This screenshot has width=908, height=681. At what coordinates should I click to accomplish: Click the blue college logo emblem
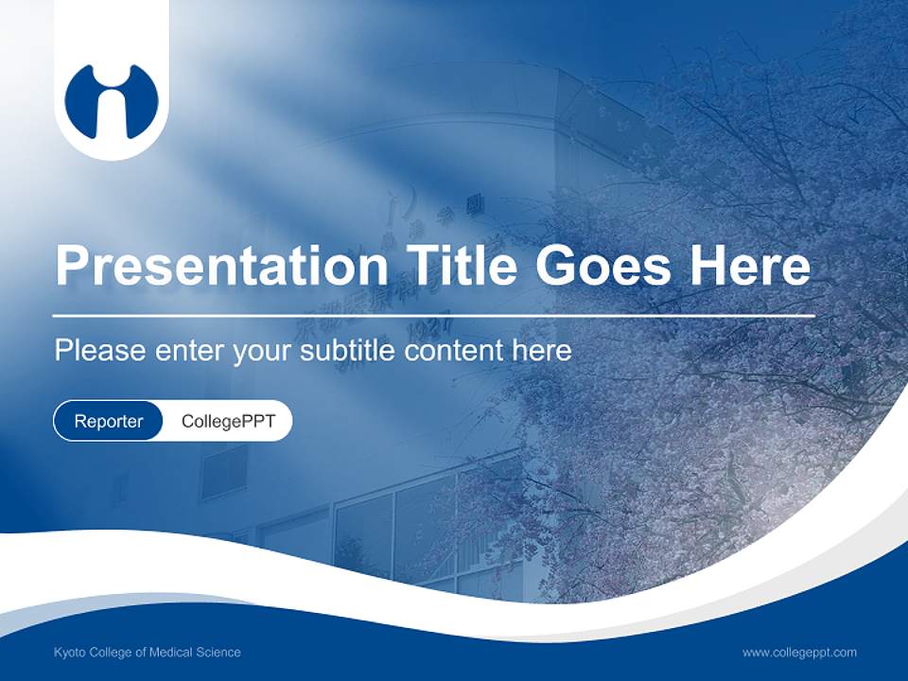pyautogui.click(x=112, y=101)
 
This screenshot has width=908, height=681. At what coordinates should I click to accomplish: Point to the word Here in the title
pyautogui.click(x=749, y=265)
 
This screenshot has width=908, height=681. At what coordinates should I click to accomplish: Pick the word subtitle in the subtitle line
pyautogui.click(x=349, y=351)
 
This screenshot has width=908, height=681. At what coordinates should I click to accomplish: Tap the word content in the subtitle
pyautogui.click(x=454, y=351)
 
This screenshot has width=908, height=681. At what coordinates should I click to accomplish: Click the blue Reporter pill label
pyautogui.click(x=108, y=421)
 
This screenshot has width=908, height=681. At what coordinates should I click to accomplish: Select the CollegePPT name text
pyautogui.click(x=228, y=421)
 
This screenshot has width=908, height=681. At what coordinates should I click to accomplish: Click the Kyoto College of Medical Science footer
pyautogui.click(x=148, y=653)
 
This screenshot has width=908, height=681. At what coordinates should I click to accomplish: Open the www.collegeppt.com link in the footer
pyautogui.click(x=799, y=653)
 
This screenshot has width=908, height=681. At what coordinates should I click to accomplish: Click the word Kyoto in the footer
pyautogui.click(x=69, y=653)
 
